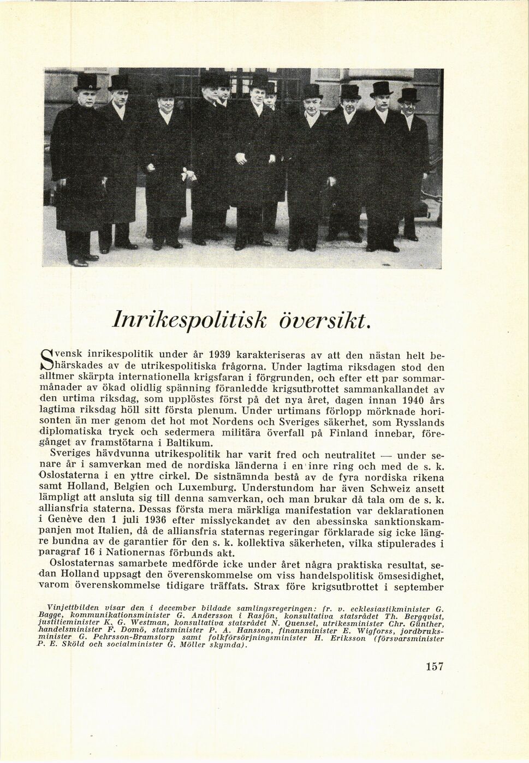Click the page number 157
coord(434,666)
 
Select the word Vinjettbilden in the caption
coord(73,607)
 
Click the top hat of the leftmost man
coord(87,82)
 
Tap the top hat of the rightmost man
coord(408,95)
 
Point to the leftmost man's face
coord(88,99)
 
